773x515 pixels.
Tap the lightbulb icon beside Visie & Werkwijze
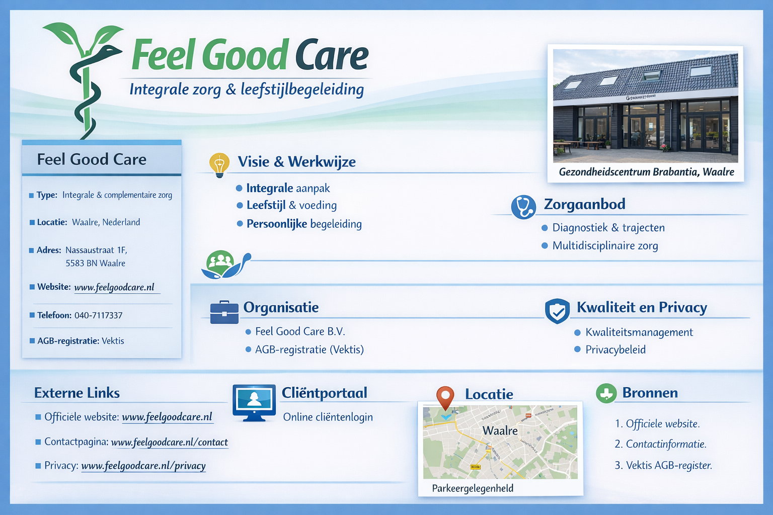[x=219, y=164]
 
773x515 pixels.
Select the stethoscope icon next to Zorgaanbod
[x=523, y=207]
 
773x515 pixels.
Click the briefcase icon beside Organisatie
[x=224, y=312]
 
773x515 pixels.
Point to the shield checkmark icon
[x=557, y=311]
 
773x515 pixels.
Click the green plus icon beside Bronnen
[x=606, y=393]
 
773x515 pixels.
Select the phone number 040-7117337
[x=99, y=315]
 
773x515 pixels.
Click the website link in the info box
[x=114, y=287]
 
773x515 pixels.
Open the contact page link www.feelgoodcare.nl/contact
[x=169, y=442]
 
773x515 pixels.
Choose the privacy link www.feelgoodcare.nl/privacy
[x=143, y=466]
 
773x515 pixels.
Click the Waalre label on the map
[x=500, y=431]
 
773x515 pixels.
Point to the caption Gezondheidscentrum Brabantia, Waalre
[x=646, y=172]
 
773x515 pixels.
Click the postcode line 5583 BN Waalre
[x=96, y=263]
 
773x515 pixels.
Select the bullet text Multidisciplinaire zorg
[x=605, y=246]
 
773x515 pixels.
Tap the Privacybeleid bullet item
[x=615, y=350]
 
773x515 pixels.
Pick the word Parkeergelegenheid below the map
[x=473, y=488]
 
